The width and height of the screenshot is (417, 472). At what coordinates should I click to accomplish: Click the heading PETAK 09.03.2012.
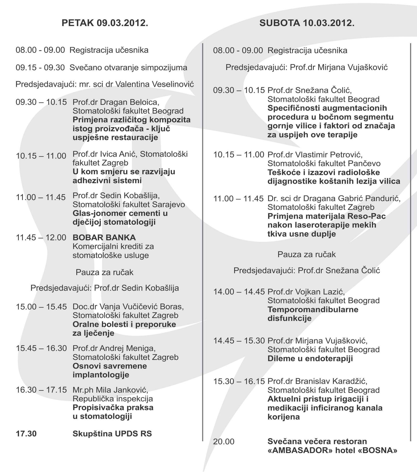[105, 23]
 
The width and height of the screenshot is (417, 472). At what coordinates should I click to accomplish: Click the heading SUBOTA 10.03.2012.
[307, 23]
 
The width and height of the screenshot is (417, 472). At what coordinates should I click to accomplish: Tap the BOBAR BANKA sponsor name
[104, 237]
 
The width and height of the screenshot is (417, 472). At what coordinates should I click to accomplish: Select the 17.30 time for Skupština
[26, 434]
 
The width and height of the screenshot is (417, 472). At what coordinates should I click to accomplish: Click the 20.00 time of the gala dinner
[224, 442]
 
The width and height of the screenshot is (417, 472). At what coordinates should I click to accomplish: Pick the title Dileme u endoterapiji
[310, 358]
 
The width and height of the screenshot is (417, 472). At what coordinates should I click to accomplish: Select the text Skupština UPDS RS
[112, 434]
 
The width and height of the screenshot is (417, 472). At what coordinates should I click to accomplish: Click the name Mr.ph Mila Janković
[111, 390]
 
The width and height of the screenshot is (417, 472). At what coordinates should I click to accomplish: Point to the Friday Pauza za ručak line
[105, 272]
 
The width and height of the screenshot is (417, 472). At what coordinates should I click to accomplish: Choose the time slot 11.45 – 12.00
[41, 238]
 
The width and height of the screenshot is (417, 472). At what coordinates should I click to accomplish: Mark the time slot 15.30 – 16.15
[239, 382]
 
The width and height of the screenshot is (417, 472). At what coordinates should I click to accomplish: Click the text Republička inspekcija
[113, 399]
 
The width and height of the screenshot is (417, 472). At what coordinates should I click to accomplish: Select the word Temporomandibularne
[313, 309]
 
